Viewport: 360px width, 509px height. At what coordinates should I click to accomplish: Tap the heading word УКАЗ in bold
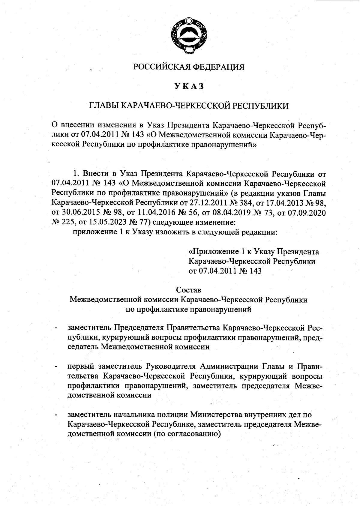tap(189, 86)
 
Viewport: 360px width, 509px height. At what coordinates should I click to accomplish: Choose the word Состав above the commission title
tap(189, 290)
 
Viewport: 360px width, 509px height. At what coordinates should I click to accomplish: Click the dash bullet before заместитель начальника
tap(56, 415)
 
